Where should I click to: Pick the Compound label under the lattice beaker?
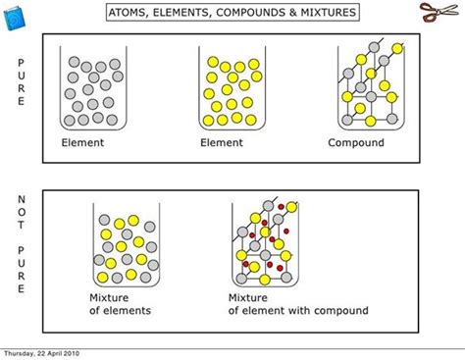coord(355,142)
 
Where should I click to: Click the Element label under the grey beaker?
coord(82,142)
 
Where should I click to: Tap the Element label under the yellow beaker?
coord(222,142)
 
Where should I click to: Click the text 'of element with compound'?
coord(298,311)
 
